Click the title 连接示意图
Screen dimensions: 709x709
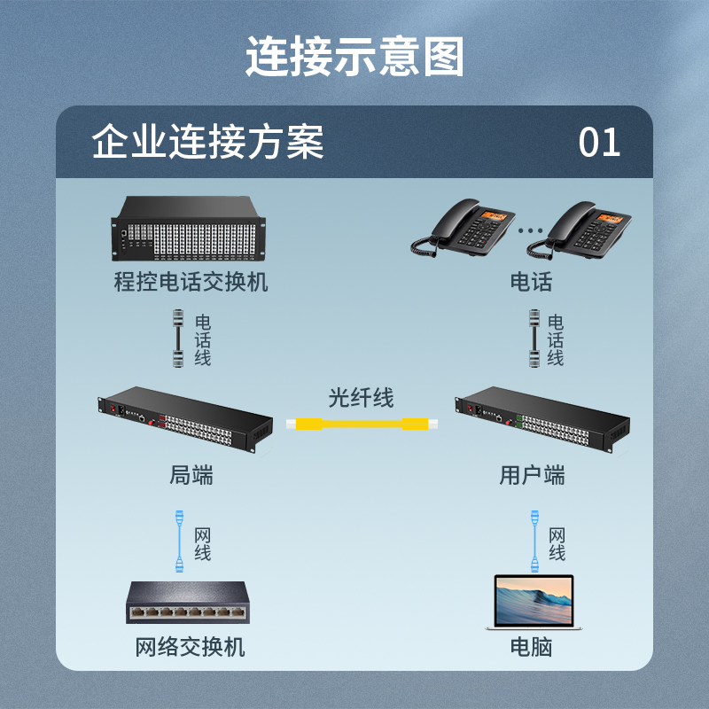[x=355, y=57]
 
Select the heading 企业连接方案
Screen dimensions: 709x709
[x=207, y=142]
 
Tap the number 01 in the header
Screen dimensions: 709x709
[x=599, y=142]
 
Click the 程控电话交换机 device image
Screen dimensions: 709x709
[x=188, y=229]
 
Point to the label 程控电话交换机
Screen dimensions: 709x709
[x=191, y=282]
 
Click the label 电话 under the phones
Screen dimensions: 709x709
[x=531, y=282]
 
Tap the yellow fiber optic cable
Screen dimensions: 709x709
[x=362, y=425]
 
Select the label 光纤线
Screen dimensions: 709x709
[x=361, y=398]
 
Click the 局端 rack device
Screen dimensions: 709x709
[x=185, y=419]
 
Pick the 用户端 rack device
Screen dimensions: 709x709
[x=542, y=419]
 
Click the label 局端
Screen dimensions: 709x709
[x=191, y=475]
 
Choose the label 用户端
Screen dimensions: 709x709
[x=532, y=475]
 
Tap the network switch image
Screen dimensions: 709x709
[x=188, y=603]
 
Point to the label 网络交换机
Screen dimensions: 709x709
[x=191, y=647]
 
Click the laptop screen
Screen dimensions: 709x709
[x=534, y=601]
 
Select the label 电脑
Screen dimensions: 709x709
[x=531, y=647]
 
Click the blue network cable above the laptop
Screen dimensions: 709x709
[x=535, y=541]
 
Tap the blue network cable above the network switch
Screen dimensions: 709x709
[x=180, y=541]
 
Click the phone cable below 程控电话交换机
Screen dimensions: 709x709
[x=178, y=339]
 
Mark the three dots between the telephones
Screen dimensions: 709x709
[x=530, y=230]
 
